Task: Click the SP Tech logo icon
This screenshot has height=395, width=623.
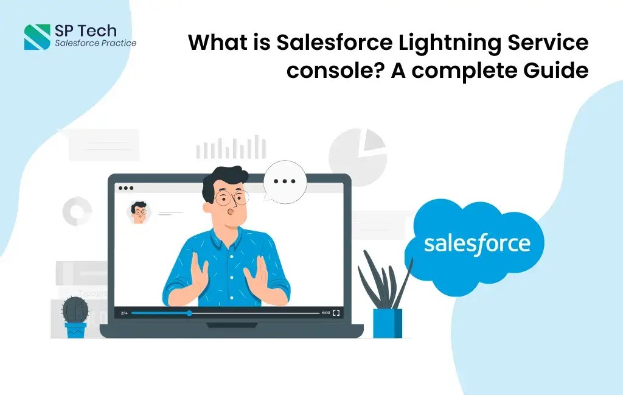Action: point(37,37)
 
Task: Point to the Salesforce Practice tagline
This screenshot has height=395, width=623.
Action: point(96,43)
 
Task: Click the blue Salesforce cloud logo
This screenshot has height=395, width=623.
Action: point(476,244)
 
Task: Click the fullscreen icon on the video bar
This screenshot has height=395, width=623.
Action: point(336,313)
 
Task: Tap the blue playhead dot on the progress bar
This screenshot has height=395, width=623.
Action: point(189,313)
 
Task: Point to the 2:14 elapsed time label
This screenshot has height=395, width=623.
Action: point(124,313)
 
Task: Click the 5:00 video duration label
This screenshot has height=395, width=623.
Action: point(326,313)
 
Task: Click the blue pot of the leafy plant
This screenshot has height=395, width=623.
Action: point(387,323)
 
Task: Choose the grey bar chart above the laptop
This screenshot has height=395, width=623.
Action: point(231,149)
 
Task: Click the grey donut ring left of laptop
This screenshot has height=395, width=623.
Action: point(77,211)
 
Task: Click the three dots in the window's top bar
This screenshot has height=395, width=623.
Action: point(125,188)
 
